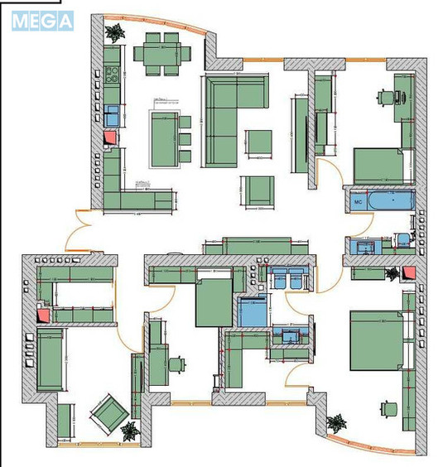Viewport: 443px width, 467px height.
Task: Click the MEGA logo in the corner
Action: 42,21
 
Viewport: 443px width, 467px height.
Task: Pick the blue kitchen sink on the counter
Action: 111,113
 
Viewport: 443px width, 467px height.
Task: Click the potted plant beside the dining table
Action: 115,32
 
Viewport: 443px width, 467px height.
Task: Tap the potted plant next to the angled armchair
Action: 128,430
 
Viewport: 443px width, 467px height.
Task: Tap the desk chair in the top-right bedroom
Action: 386,97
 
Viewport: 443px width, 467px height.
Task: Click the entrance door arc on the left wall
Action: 81,231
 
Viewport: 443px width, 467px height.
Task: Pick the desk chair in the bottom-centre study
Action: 176,363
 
